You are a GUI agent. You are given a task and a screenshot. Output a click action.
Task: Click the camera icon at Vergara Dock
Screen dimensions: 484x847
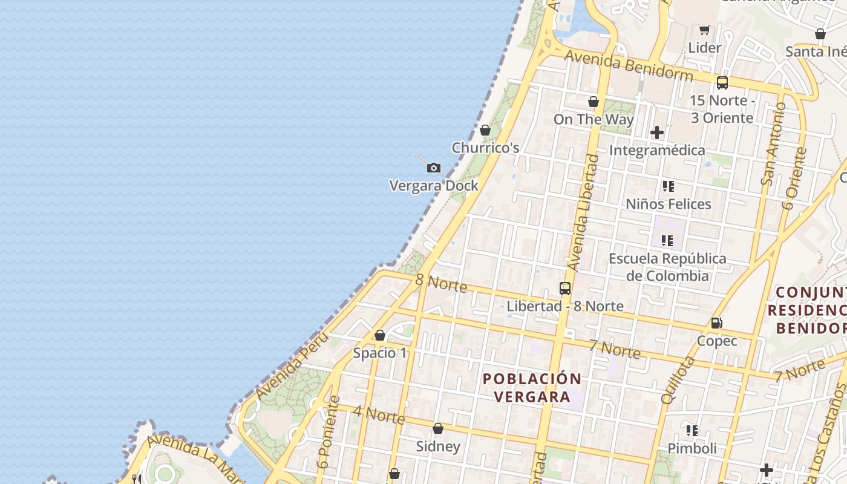(x=434, y=168)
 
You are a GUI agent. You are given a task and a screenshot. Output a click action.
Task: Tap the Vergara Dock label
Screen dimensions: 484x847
(x=434, y=186)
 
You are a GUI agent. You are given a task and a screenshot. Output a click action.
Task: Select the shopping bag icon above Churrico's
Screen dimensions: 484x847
(x=485, y=130)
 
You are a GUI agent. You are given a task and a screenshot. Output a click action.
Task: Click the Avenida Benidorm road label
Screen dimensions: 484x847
(x=629, y=65)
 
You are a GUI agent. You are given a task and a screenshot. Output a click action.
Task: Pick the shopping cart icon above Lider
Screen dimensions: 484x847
(x=704, y=30)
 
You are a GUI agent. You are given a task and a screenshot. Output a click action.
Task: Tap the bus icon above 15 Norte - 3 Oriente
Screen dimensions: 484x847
(x=722, y=83)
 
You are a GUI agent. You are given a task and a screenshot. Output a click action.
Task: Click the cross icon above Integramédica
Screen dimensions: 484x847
(x=657, y=132)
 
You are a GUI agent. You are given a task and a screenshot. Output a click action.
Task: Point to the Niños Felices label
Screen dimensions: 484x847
(x=668, y=204)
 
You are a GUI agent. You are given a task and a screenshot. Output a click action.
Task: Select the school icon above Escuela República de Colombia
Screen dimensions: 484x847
(x=667, y=241)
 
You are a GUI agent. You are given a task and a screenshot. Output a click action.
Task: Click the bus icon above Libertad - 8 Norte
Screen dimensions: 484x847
(x=565, y=289)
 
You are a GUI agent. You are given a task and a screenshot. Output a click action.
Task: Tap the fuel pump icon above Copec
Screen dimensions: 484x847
(x=717, y=323)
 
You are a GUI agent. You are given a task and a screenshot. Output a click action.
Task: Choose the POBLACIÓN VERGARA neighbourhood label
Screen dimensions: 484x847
(x=532, y=388)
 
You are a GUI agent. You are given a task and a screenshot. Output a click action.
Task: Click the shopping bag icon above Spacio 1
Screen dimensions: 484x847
(x=380, y=335)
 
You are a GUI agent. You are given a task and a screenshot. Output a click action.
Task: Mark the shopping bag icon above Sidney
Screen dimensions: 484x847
(x=438, y=429)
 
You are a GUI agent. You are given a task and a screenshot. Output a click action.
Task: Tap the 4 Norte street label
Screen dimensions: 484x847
(x=379, y=414)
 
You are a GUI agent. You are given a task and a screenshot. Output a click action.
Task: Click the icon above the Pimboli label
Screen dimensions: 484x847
(x=692, y=431)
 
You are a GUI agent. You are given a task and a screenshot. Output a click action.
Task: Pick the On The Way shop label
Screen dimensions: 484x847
(x=594, y=119)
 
